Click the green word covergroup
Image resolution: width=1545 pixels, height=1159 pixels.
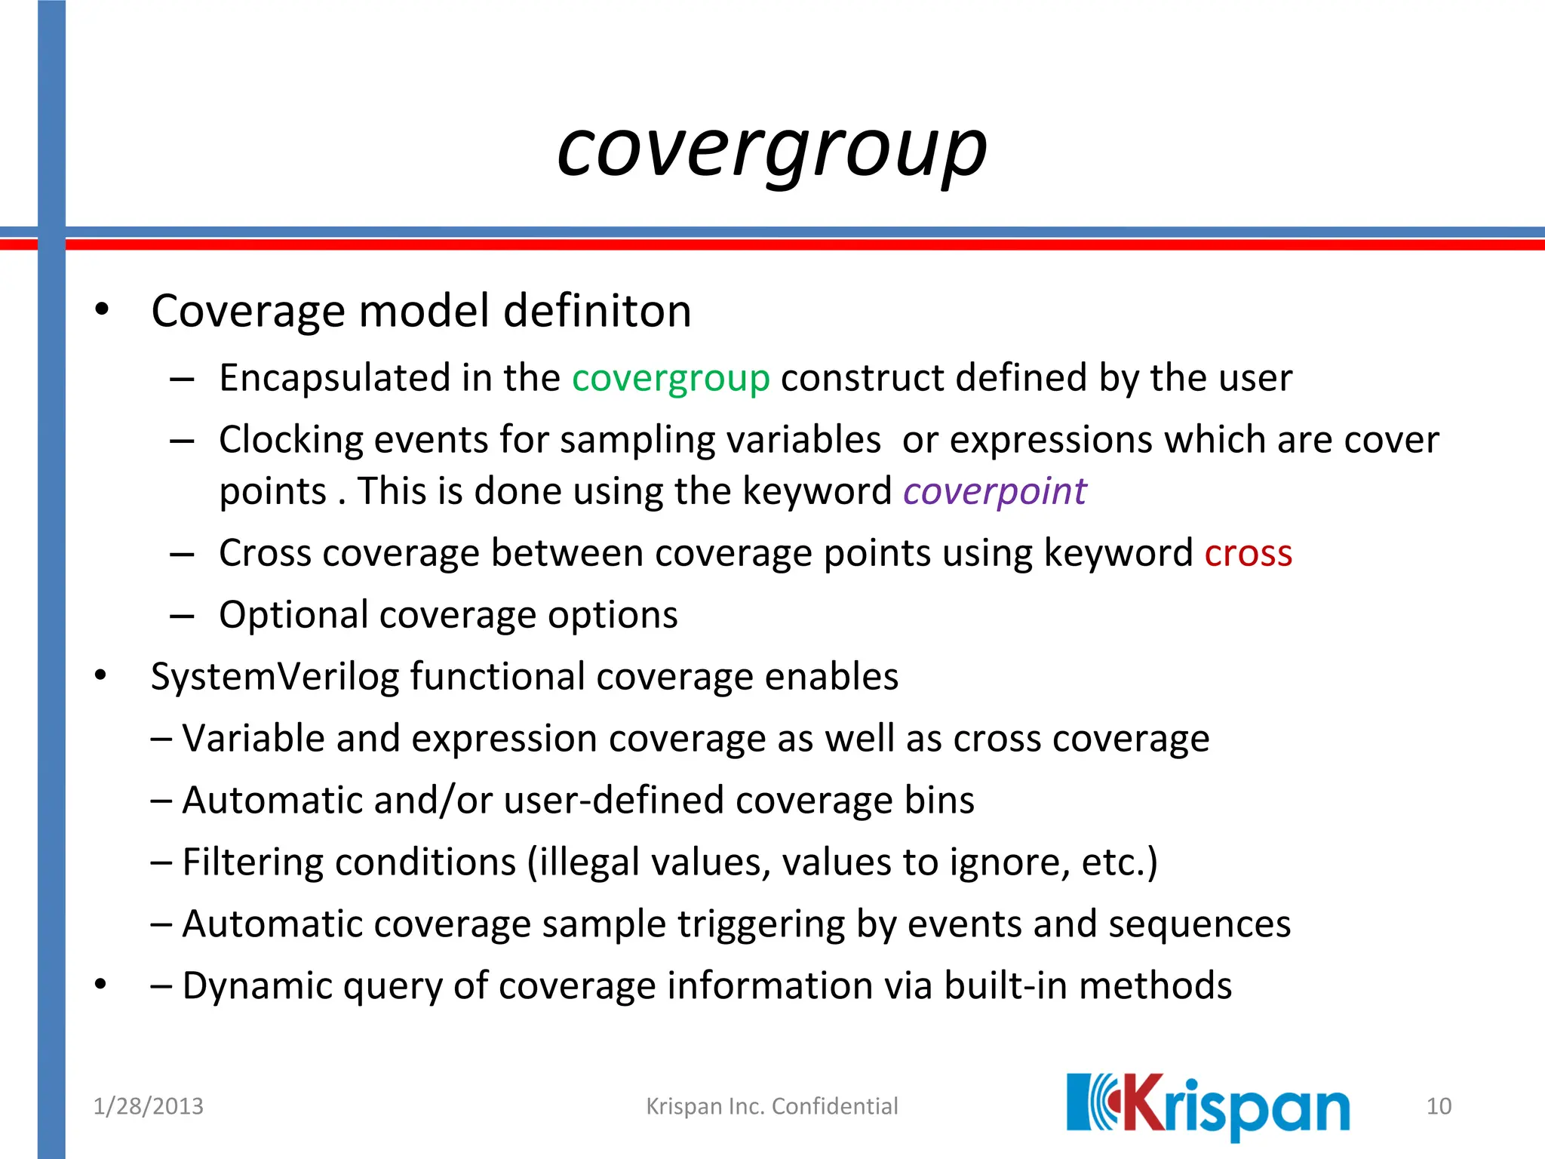(670, 378)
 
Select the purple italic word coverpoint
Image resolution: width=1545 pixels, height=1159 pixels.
(994, 491)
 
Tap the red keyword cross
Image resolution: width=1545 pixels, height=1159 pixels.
(1248, 553)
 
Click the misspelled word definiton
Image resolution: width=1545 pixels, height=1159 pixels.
(597, 311)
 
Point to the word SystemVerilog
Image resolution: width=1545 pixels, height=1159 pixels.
(275, 676)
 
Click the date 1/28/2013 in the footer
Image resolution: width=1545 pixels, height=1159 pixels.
(148, 1106)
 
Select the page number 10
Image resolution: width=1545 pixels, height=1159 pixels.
(1439, 1106)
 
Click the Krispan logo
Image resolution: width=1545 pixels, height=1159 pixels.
(1207, 1106)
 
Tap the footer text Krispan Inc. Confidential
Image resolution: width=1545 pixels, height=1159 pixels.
(772, 1106)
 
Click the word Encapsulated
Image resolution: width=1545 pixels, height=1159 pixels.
(334, 378)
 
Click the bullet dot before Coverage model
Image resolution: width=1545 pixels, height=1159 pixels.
(102, 310)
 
